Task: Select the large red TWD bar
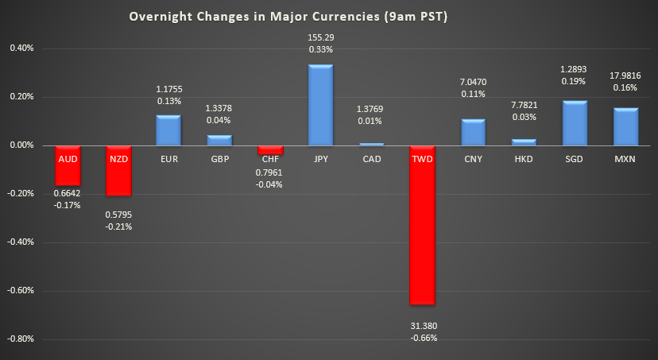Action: (421, 230)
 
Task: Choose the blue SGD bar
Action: (575, 123)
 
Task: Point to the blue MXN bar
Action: (625, 126)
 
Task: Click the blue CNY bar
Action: (473, 132)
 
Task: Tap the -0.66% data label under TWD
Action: (423, 337)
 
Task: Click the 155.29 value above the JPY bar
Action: (320, 37)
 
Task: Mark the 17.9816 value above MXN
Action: (625, 75)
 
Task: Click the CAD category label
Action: (371, 159)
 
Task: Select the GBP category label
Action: (219, 159)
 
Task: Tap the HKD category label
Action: (523, 159)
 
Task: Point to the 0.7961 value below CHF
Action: (270, 172)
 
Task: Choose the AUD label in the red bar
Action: (68, 159)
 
